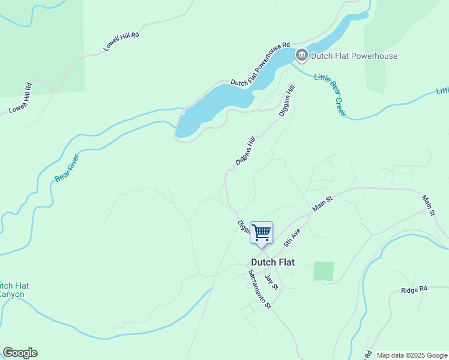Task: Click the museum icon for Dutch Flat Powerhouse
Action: [301, 56]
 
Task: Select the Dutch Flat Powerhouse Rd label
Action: [261, 63]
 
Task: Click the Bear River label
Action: [67, 168]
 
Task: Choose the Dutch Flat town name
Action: [273, 262]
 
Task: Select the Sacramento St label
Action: [260, 289]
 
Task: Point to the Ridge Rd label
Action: [414, 289]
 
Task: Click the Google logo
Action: [20, 353]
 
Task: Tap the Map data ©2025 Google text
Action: [411, 355]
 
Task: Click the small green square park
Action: [324, 271]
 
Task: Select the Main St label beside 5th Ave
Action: [322, 203]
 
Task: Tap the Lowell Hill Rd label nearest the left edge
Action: [19, 98]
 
